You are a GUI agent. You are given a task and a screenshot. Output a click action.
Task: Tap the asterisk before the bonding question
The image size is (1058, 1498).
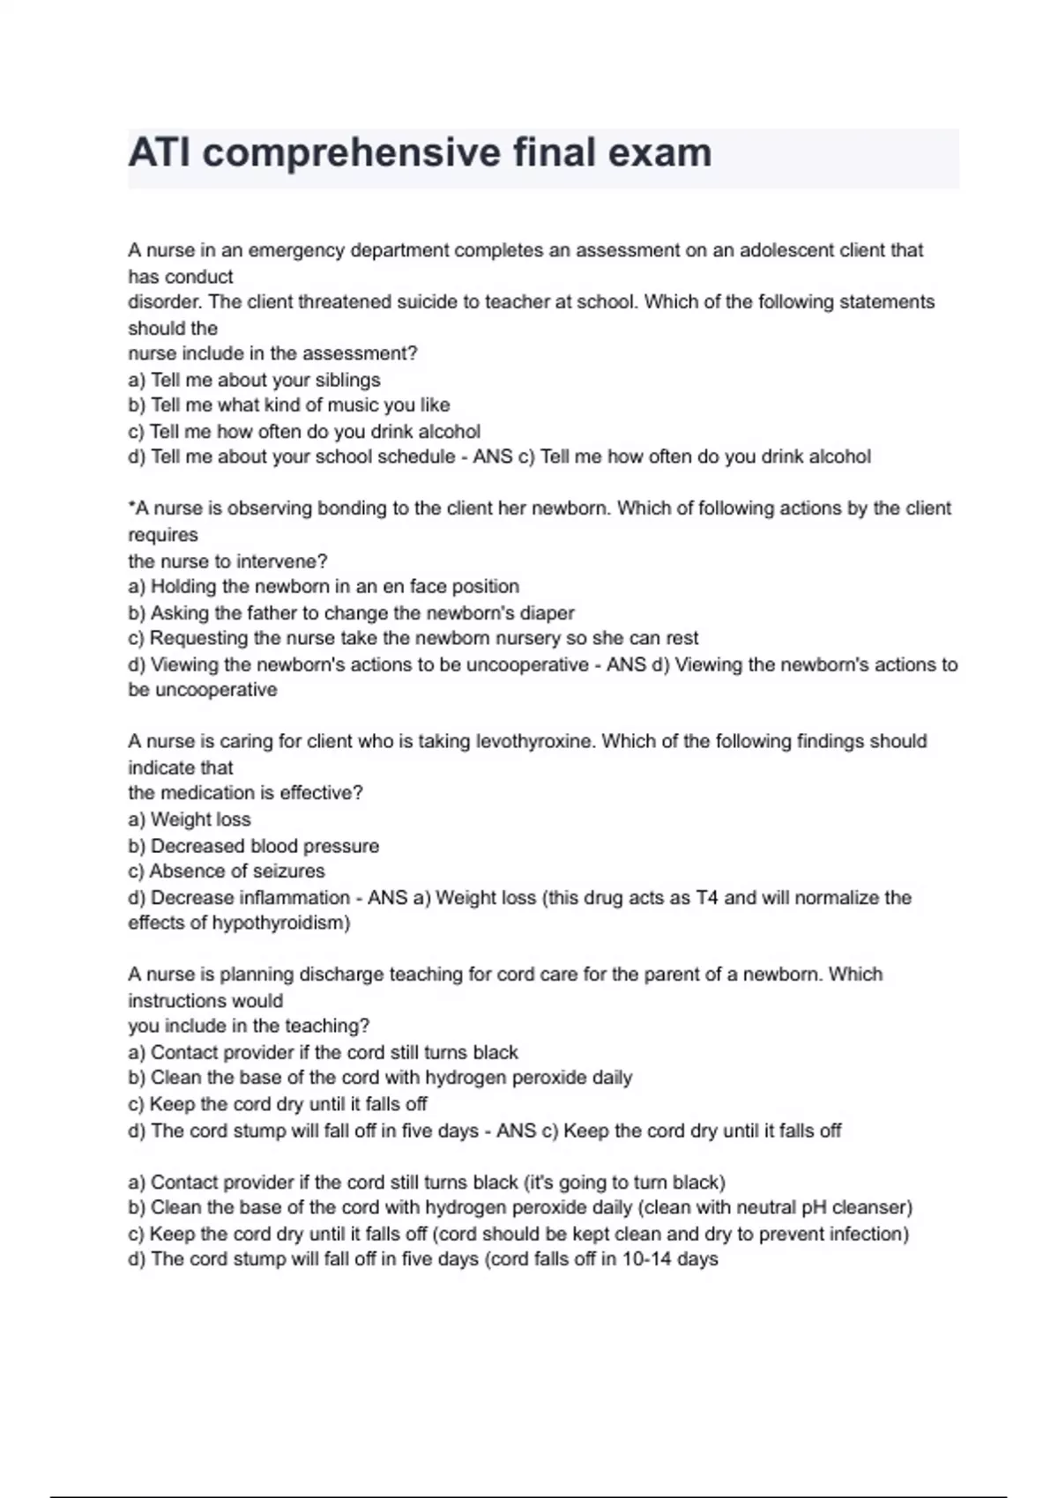(x=131, y=506)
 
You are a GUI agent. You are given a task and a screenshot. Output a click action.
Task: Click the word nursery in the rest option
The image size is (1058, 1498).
(x=520, y=639)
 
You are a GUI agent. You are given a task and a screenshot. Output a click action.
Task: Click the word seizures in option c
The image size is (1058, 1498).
(x=288, y=871)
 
